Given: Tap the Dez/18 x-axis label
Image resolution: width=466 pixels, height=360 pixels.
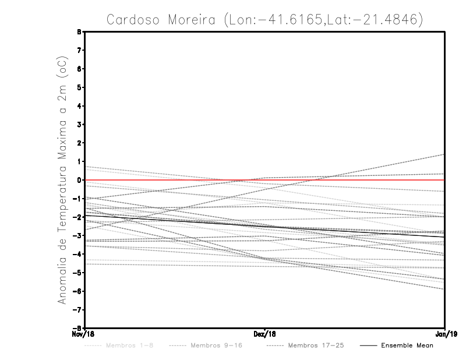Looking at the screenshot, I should pyautogui.click(x=265, y=334).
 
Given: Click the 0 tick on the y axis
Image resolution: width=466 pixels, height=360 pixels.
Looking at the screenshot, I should pyautogui.click(x=78, y=180).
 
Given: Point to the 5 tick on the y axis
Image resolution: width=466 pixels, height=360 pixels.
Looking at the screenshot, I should pyautogui.click(x=78, y=87).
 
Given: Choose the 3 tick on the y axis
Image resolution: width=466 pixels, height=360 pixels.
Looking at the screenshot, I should pyautogui.click(x=78, y=125).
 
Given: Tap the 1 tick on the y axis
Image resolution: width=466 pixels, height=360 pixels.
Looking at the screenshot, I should pyautogui.click(x=78, y=161).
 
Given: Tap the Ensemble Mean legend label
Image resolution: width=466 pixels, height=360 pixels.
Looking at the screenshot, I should pyautogui.click(x=407, y=345).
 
